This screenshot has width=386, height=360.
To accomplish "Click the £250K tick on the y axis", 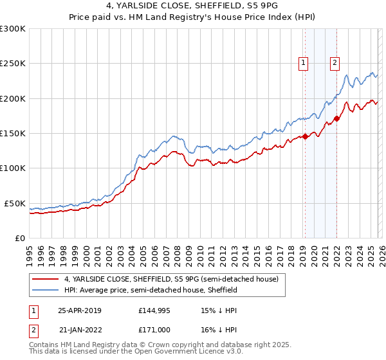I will (13, 64).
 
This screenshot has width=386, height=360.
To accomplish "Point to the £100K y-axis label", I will (13, 168).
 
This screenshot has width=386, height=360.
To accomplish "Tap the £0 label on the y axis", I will (19, 238).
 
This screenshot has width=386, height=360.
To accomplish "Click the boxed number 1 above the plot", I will (302, 62).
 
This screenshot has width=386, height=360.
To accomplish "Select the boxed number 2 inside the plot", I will (335, 62).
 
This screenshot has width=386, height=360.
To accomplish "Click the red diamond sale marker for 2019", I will (306, 136).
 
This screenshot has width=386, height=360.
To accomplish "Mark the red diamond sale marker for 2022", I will (336, 118).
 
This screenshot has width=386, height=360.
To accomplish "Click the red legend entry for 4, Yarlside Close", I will (171, 280).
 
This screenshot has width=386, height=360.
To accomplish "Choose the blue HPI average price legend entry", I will (151, 291).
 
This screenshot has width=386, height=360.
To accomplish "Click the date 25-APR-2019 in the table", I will (79, 310).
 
